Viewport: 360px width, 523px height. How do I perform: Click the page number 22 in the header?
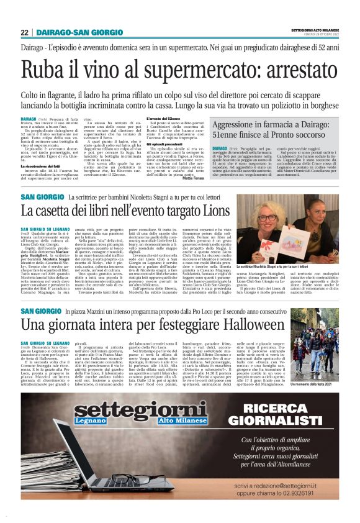tap(24, 32)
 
